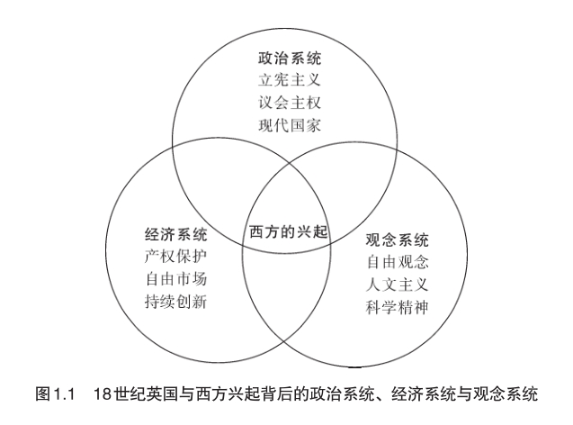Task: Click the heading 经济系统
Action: click(175, 237)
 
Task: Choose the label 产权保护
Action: click(175, 258)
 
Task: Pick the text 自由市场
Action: click(175, 280)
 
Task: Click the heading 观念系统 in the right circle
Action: click(398, 241)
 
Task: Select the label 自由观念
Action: click(398, 263)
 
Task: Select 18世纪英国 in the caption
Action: click(132, 394)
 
